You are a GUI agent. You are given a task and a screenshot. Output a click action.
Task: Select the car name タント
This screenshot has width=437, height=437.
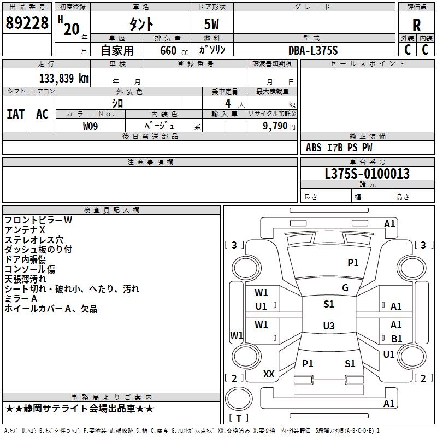pos(141,24)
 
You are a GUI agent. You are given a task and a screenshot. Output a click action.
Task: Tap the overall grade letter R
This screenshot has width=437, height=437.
pos(416,25)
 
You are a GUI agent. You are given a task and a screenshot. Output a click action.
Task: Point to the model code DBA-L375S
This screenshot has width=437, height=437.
pos(314,50)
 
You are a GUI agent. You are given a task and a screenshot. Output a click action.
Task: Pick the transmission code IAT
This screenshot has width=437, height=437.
pos(16,114)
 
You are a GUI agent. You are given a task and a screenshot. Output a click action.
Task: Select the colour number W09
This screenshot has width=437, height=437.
pos(91,126)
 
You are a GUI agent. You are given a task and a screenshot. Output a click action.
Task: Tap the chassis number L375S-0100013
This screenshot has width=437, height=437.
pos(367,174)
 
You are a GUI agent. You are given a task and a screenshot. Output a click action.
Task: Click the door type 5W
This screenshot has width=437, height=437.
pos(212,25)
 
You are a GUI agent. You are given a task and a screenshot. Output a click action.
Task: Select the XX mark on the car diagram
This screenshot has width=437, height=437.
pos(269,374)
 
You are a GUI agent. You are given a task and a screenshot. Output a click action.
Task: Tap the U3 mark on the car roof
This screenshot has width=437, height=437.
pos(329,326)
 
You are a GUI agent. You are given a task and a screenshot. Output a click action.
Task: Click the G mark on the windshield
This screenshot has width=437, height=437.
pos(345,288)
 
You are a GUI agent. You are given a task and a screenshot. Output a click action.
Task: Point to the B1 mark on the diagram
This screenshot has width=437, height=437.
pos(397,339)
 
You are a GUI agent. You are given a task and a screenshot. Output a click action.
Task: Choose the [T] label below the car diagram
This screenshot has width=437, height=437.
pos(239,418)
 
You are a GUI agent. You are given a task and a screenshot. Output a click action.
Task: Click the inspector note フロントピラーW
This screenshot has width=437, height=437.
pos(38,220)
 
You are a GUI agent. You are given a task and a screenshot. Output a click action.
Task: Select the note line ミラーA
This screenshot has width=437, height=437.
pos(21,299)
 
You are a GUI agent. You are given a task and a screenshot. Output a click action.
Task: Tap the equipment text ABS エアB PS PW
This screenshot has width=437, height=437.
pos(339,147)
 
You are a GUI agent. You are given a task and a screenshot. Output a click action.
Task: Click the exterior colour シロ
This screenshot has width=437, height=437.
pos(117,103)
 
